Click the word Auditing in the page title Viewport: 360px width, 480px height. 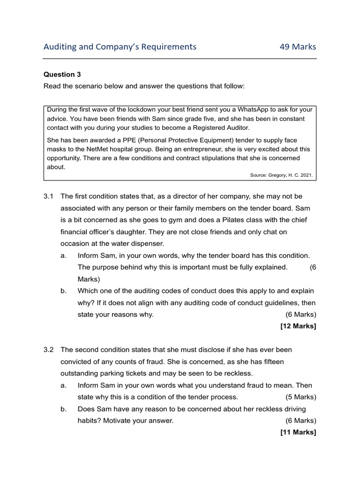60,47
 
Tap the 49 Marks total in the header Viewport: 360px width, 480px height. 298,47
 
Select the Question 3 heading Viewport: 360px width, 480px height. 59,74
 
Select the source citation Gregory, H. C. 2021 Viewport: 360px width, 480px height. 289,175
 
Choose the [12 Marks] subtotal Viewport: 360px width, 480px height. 298,326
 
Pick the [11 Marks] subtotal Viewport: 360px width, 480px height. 298,432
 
